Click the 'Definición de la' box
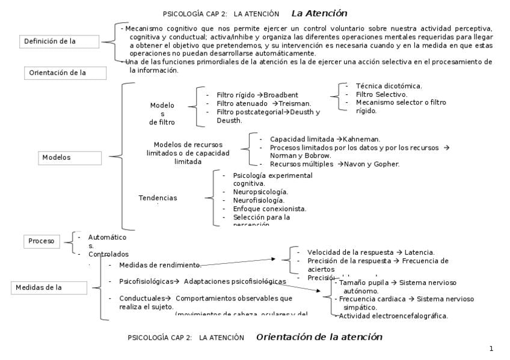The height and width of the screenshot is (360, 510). coord(59,41)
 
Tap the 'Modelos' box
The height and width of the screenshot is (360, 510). coord(70,157)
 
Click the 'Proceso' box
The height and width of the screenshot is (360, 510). coord(42,242)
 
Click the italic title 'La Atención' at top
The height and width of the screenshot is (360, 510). coord(319,13)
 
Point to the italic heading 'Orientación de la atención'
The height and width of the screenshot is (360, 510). coord(319,337)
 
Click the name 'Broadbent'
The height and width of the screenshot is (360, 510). coord(281,95)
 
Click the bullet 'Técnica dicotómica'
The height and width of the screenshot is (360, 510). coord(389,87)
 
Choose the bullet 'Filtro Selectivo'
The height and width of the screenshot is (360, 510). coord(381,94)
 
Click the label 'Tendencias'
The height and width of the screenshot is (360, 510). coord(158,198)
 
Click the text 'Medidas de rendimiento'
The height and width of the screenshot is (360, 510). coord(159,265)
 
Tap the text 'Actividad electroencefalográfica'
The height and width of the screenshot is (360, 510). coord(393,316)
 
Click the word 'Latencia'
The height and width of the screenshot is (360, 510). coord(419,252)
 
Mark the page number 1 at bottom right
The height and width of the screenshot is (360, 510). coord(491,349)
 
